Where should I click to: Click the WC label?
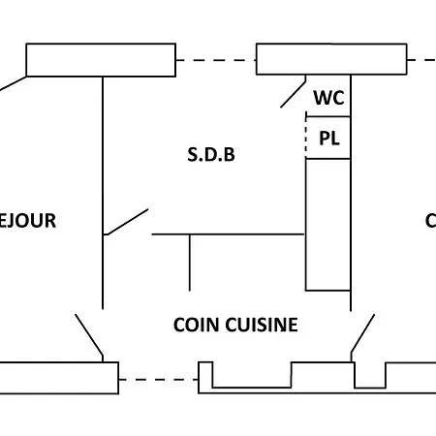(327, 98)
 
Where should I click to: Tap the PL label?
(329, 139)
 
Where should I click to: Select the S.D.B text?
(210, 155)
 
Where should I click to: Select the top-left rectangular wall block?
(101, 59)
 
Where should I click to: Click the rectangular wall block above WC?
(329, 59)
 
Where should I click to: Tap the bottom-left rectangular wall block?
(58, 377)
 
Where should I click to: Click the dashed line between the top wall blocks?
(215, 61)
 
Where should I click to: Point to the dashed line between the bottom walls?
(159, 379)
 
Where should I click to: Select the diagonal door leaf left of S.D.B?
(126, 222)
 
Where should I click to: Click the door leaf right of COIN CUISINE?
(362, 335)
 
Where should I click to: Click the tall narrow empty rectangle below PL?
(327, 223)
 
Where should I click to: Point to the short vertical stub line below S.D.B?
(190, 262)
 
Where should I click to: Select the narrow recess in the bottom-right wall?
(369, 375)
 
